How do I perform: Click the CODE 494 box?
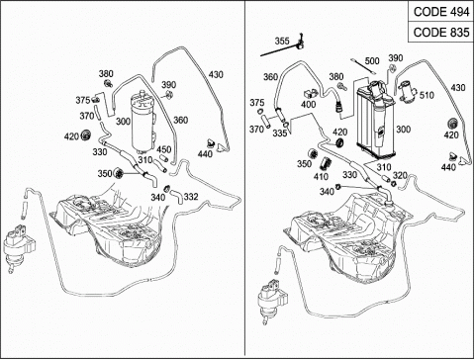[440, 12]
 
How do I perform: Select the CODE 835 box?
[440, 33]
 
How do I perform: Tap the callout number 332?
[191, 197]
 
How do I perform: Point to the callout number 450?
[163, 149]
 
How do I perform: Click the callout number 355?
[282, 42]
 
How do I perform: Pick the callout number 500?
[372, 61]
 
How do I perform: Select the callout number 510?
[427, 96]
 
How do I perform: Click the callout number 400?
[308, 105]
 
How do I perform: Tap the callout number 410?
[321, 177]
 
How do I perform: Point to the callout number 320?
[400, 175]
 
